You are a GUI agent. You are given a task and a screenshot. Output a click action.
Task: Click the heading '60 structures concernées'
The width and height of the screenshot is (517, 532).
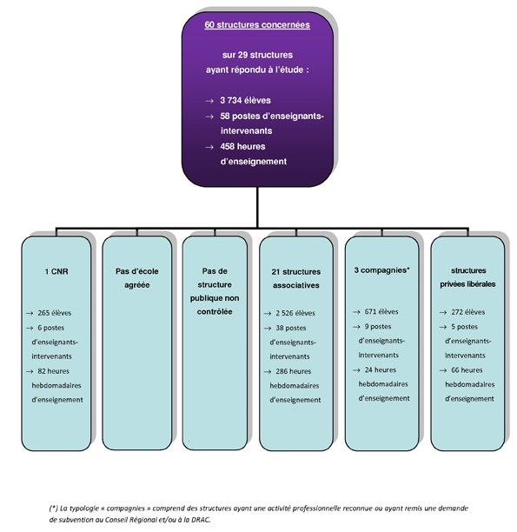click(x=257, y=24)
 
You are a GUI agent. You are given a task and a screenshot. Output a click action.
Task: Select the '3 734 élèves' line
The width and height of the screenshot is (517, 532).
click(x=245, y=101)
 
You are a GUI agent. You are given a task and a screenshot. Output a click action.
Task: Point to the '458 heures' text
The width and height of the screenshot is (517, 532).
click(x=242, y=147)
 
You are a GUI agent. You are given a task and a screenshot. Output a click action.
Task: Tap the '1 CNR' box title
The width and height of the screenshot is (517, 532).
click(x=56, y=271)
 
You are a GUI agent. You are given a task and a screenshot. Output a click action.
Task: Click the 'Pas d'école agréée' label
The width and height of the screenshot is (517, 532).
click(x=137, y=278)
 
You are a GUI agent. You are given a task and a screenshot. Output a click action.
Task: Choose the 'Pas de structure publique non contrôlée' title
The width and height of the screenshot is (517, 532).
click(x=215, y=291)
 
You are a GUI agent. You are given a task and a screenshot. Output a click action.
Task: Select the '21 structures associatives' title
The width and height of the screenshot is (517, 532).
click(x=296, y=278)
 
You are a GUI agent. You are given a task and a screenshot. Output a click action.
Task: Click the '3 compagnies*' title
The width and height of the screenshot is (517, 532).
click(x=382, y=270)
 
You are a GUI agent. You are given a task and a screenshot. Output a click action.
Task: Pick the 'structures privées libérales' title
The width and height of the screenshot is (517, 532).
click(x=467, y=277)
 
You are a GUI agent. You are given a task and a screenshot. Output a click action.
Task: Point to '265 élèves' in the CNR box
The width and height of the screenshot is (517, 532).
click(x=55, y=313)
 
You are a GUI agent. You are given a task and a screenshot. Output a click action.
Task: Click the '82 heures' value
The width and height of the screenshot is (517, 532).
click(x=54, y=371)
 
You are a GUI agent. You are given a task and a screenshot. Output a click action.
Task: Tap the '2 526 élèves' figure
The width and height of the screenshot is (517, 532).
click(x=295, y=313)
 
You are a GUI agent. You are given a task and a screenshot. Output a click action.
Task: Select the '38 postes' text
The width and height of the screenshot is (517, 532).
click(x=291, y=328)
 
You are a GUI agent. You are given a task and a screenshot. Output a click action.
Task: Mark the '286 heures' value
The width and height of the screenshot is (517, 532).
click(x=293, y=371)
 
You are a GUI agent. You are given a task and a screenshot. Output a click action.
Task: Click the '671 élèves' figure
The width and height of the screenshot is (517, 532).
click(x=381, y=312)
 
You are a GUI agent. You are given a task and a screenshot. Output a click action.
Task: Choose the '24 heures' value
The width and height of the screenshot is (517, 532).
click(x=381, y=369)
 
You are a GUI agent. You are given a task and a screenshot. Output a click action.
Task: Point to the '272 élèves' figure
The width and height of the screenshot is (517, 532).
click(x=467, y=312)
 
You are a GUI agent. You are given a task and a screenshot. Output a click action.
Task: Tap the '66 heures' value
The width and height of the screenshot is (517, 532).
click(x=467, y=370)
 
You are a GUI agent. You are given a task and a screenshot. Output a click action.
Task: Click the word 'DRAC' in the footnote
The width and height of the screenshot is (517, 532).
click(x=200, y=520)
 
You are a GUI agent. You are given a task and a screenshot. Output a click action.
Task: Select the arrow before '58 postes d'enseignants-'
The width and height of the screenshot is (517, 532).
click(x=209, y=116)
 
